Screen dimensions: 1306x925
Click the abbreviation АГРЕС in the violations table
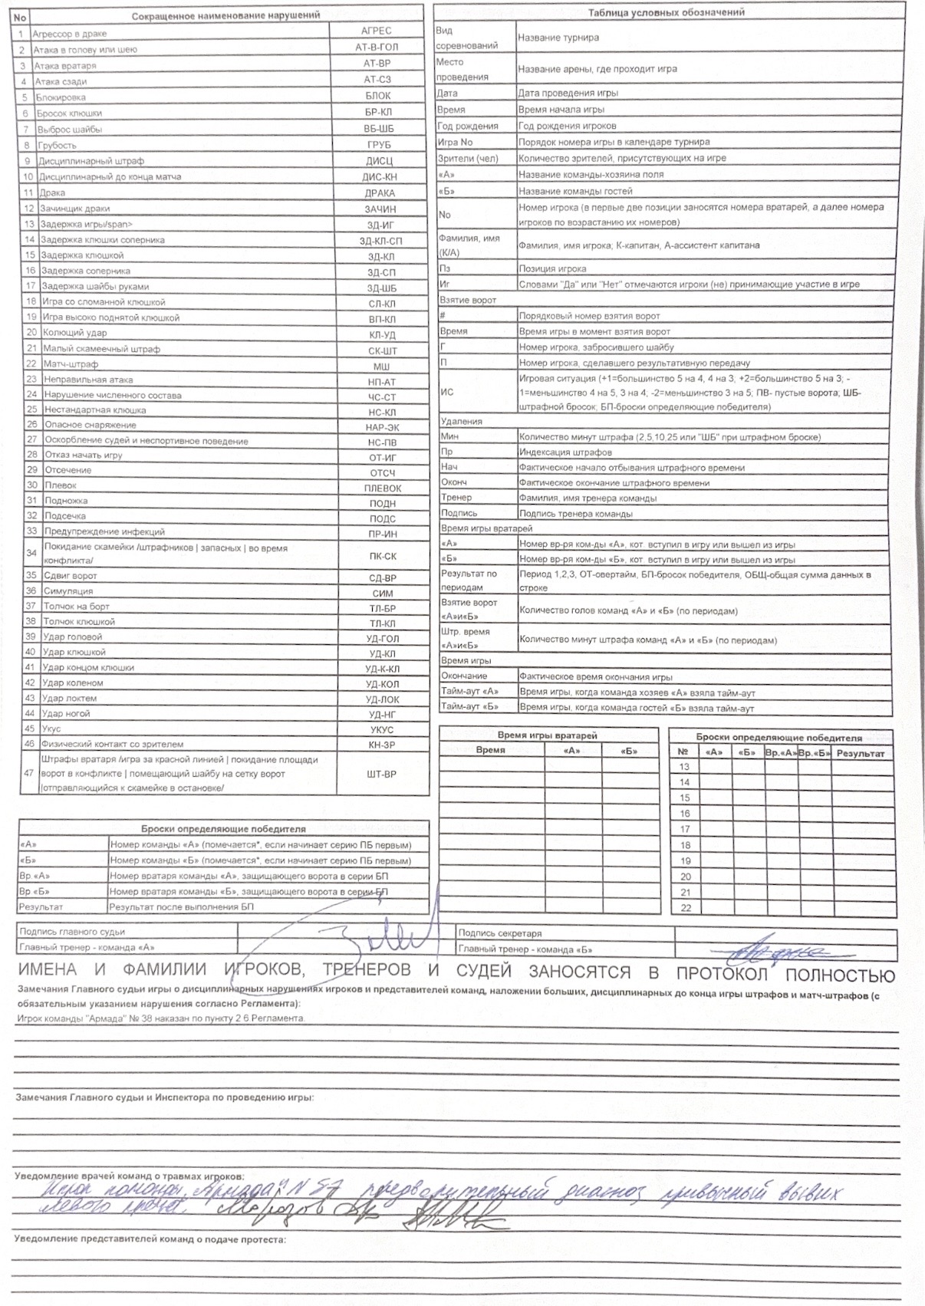[376, 31]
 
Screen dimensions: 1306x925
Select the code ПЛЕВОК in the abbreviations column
[383, 488]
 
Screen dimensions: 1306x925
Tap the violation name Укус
[51, 729]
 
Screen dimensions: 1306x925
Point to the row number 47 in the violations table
[29, 773]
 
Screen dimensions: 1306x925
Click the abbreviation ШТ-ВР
[382, 774]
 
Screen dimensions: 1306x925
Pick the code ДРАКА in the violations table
[380, 193]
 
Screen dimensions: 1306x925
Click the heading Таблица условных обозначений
[666, 12]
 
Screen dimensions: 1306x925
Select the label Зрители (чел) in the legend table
[468, 158]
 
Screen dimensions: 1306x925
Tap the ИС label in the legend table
[447, 392]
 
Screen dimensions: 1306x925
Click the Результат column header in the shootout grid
[861, 753]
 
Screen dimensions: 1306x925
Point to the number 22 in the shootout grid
[686, 907]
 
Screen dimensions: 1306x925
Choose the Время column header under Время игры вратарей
[491, 750]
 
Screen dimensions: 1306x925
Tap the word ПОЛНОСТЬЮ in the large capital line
[840, 975]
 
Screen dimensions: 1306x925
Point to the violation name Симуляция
[68, 591]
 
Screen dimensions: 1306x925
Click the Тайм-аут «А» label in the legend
[469, 692]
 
